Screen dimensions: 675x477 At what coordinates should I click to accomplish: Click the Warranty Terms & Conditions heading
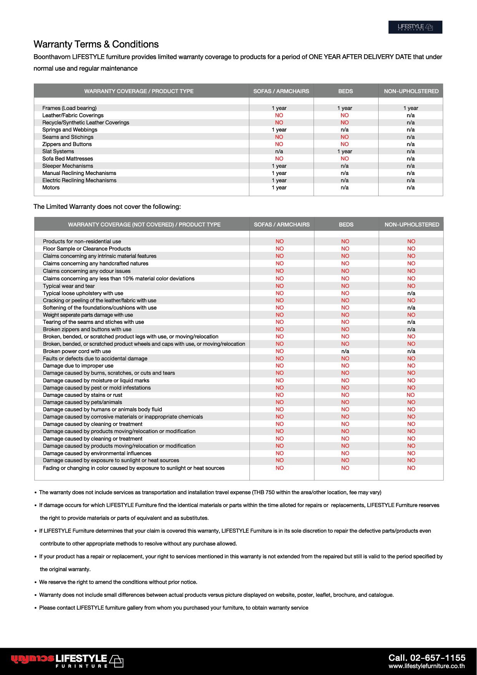pyautogui.click(x=96, y=44)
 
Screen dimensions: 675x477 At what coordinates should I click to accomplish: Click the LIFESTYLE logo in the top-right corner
pyautogui.click(x=415, y=27)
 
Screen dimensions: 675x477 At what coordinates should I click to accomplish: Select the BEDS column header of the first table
pyautogui.click(x=345, y=91)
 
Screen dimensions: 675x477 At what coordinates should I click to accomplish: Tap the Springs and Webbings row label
pyautogui.click(x=70, y=130)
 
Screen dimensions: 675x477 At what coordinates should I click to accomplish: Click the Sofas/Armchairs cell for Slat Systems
pyautogui.click(x=279, y=151)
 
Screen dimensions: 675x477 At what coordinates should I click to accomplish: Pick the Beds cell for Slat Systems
pyautogui.click(x=344, y=151)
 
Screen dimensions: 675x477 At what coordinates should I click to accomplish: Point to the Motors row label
pyautogui.click(x=51, y=187)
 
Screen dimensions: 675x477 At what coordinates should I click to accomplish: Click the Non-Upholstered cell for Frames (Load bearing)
pyautogui.click(x=411, y=108)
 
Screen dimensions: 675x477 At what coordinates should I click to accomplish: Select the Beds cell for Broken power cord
pyautogui.click(x=345, y=351)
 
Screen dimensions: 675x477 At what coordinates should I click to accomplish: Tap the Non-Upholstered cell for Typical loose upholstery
pyautogui.click(x=411, y=293)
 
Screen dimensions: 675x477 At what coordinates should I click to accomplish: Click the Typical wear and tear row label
pyautogui.click(x=68, y=286)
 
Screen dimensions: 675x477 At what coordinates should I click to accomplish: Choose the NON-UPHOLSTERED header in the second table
pyautogui.click(x=412, y=224)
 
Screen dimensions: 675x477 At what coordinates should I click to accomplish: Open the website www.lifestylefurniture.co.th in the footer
pyautogui.click(x=426, y=667)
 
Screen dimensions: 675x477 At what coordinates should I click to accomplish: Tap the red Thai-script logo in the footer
pyautogui.click(x=33, y=659)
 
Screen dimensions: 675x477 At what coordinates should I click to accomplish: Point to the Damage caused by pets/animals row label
pyautogui.click(x=82, y=402)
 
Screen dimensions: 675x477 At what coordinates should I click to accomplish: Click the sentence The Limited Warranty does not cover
pyautogui.click(x=107, y=207)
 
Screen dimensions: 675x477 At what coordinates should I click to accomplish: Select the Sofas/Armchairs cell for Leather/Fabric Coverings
pyautogui.click(x=279, y=115)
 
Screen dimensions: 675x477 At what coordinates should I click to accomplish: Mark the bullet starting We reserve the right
pyautogui.click(x=118, y=582)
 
